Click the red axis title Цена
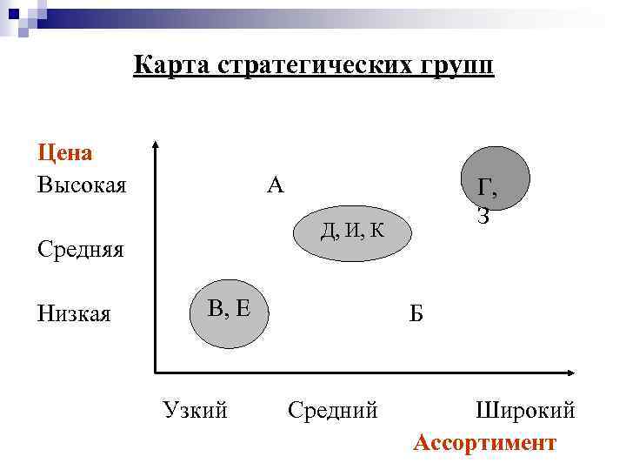(65, 153)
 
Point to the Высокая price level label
(82, 185)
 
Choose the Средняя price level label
(80, 251)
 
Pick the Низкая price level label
(74, 312)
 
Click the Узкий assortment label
(195, 409)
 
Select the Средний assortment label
(332, 409)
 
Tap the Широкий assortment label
(525, 409)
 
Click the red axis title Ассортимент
(484, 442)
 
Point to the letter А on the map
(276, 185)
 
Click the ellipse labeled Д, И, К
(351, 231)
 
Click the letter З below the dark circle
(483, 217)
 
